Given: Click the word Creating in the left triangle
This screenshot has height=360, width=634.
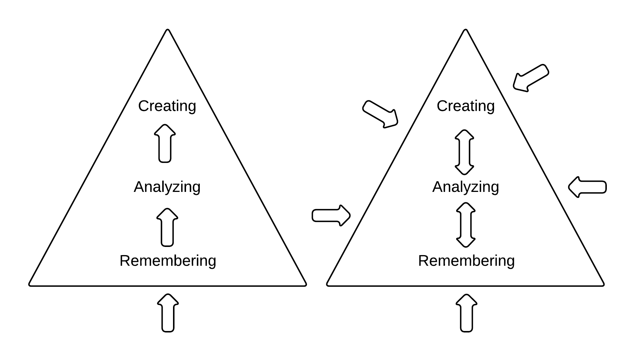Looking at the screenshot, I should coord(167,106).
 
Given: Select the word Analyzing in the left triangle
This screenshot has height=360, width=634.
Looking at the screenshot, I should coord(167,187).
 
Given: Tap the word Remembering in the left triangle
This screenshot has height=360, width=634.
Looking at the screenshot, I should coord(168,261).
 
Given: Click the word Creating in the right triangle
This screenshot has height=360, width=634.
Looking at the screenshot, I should coord(465,106).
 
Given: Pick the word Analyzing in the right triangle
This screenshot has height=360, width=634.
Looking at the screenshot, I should coord(465,187).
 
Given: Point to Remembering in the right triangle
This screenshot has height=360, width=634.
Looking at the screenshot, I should coord(466,261).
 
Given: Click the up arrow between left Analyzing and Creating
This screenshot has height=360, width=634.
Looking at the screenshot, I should coord(165,144).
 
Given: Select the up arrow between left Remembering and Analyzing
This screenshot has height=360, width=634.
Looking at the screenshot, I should coord(167,227).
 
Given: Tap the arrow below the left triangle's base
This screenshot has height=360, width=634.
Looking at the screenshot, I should coord(168,313).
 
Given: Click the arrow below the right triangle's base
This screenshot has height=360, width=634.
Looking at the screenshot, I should coord(466,313).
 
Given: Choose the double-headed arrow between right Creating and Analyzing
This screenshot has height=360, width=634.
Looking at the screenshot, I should coord(464,152).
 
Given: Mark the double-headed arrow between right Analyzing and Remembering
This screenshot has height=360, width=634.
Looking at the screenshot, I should coord(465,225).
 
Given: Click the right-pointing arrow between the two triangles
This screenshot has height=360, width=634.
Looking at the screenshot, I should coord(331,215).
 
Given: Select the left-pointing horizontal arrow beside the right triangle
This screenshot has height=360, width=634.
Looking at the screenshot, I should coord(587,187).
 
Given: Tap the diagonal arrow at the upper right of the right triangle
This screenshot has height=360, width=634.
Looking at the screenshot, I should coord(531,78).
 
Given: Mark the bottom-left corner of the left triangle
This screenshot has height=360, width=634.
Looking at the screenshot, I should coord(30,285).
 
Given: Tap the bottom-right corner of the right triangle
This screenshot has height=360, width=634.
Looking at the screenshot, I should coord(603,285).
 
